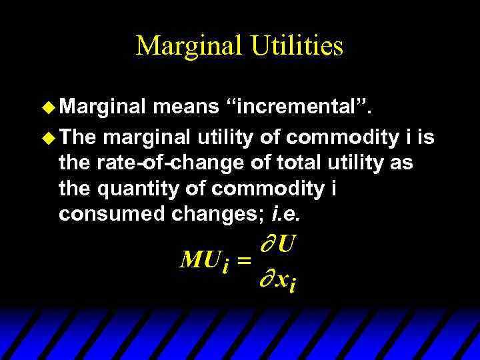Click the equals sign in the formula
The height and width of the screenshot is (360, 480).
[x=243, y=262]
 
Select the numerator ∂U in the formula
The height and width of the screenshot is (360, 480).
[x=276, y=244]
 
